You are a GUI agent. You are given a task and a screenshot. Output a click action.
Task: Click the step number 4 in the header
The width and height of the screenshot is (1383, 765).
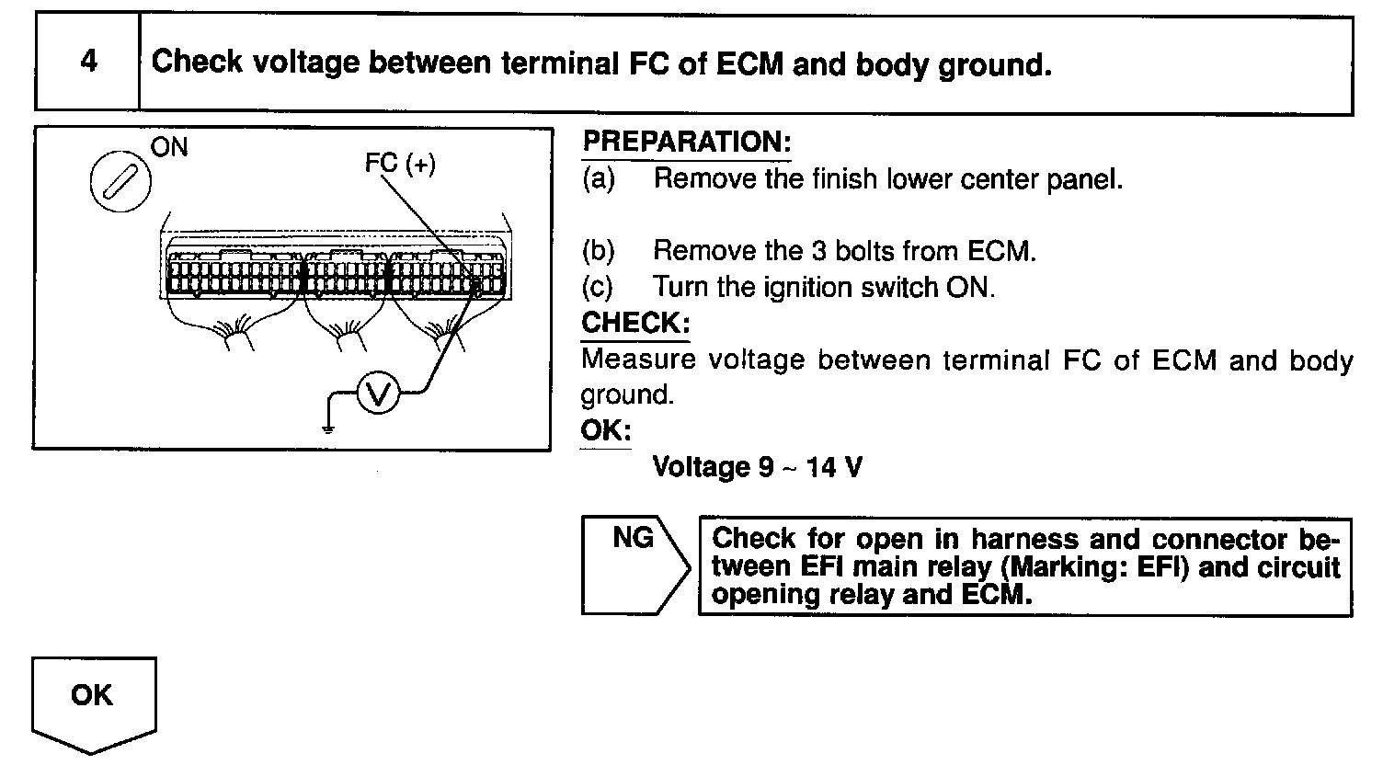[x=88, y=63]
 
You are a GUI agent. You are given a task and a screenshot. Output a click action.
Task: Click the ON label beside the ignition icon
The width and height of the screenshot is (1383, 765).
[x=169, y=147]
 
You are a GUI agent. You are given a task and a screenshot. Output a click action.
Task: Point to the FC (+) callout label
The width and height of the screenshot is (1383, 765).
[x=400, y=165]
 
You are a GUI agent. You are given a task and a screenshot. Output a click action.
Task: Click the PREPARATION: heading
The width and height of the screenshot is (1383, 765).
[x=687, y=143]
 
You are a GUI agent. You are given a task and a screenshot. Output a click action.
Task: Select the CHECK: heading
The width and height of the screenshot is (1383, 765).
[x=635, y=324]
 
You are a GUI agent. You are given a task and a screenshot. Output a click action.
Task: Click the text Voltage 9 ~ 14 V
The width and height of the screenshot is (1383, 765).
[x=757, y=467]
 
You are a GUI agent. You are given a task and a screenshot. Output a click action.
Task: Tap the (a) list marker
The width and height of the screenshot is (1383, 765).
[x=598, y=178]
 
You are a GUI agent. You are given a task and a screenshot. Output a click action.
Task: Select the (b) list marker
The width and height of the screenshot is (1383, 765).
[x=598, y=251]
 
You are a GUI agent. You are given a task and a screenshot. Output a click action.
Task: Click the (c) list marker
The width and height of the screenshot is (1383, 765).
[x=598, y=288]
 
